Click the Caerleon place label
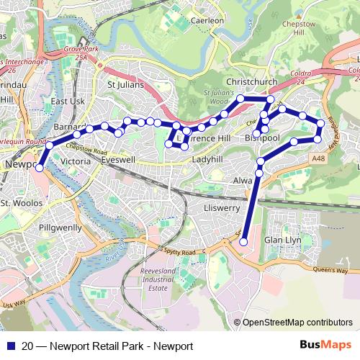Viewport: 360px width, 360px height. tap(207, 21)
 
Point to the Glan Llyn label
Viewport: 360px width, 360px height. tap(282, 240)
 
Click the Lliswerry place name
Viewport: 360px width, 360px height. tap(213, 207)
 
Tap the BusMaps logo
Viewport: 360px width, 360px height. tap(321, 346)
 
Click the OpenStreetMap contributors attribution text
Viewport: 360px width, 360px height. tap(297, 323)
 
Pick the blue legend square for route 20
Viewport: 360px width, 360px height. tap(9, 346)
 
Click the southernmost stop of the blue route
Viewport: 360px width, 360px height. tap(243, 242)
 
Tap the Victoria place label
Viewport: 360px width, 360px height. tap(76, 162)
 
